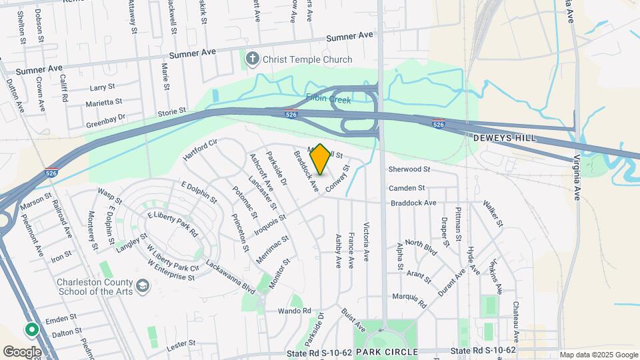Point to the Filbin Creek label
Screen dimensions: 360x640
pos(329,98)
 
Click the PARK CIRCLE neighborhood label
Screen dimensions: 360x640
pos(387,351)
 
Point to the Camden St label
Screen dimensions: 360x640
pos(407,188)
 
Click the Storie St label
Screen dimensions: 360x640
pos(171,111)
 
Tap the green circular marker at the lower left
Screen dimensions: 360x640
pos(31,329)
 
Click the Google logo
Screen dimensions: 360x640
pos(22,351)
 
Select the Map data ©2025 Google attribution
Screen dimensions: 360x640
pos(598,355)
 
